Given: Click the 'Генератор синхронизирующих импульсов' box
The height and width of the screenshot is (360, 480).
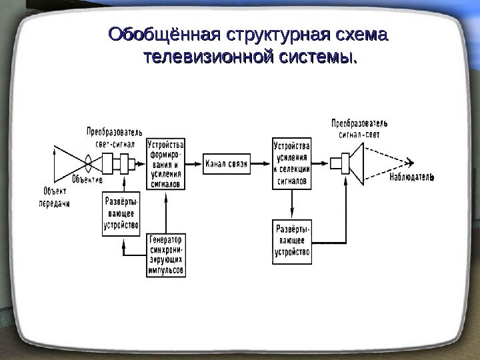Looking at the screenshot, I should [166, 255].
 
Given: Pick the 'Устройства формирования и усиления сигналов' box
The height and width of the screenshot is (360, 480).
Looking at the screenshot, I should [166, 164].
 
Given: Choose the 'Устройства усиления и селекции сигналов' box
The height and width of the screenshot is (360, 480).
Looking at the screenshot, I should [292, 164].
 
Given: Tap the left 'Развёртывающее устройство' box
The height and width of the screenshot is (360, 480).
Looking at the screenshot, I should [121, 214].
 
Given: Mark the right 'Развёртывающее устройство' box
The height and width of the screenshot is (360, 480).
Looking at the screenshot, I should [292, 242].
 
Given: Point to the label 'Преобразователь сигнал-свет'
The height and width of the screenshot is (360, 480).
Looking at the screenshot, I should [359, 129].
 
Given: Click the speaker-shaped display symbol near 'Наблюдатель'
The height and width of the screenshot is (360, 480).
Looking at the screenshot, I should [353, 163].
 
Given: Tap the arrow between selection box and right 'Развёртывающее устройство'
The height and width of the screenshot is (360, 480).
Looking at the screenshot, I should [292, 205].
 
